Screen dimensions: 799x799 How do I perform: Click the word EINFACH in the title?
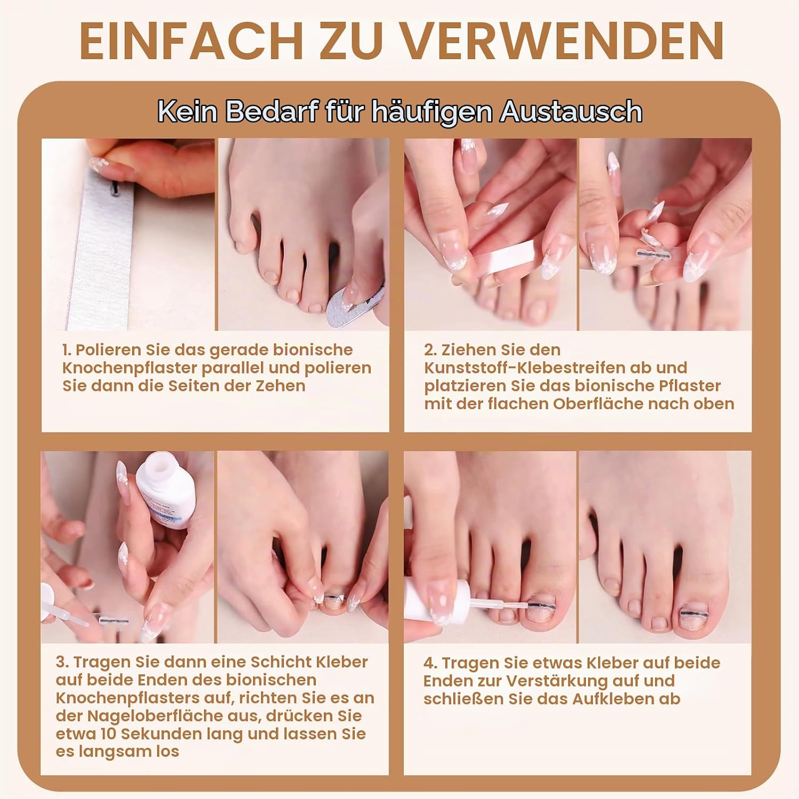coord(191,41)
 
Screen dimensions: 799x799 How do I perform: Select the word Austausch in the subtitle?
coord(571,111)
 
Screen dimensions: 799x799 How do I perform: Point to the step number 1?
coord(66,350)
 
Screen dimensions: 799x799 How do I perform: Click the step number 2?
coord(430,350)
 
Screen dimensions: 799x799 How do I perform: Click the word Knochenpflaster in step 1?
coord(127,368)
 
